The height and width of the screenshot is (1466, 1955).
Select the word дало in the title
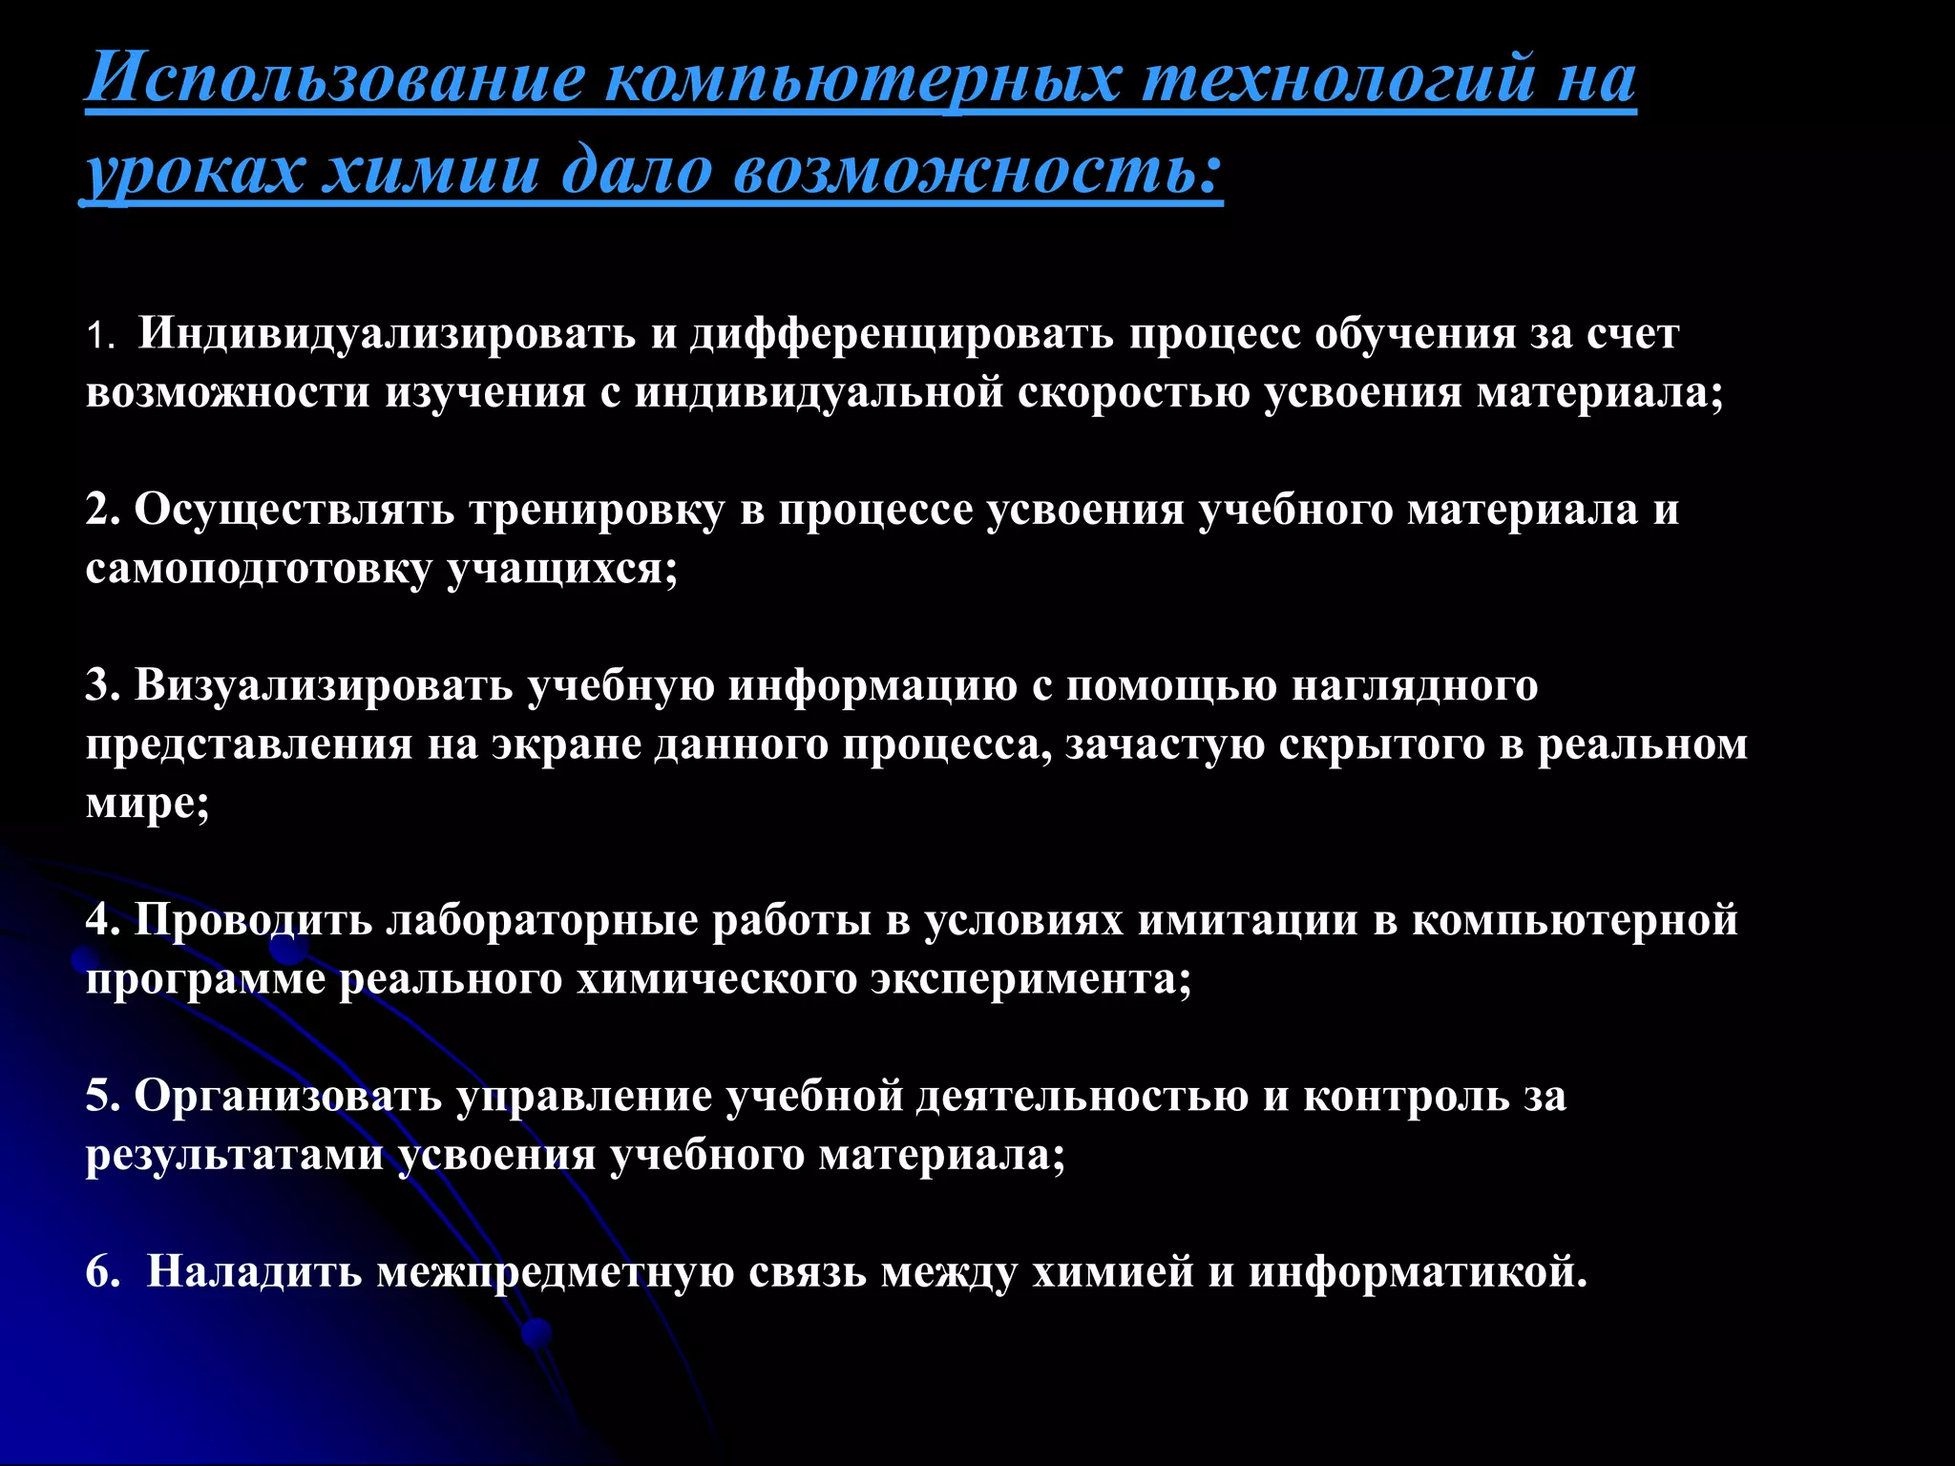pos(637,172)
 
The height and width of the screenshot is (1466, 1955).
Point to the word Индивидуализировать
pos(387,334)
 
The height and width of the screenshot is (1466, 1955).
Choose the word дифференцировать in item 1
pos(902,334)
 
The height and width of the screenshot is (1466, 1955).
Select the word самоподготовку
pos(259,570)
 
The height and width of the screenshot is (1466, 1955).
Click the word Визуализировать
pos(324,686)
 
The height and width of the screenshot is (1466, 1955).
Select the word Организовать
pos(287,1096)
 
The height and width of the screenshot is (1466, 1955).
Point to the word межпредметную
pos(555,1271)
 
